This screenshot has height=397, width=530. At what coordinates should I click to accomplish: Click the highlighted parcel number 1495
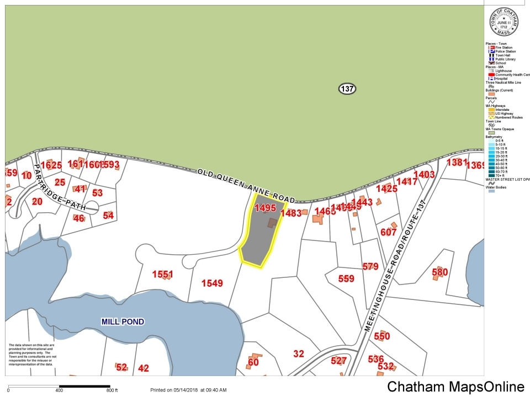264,208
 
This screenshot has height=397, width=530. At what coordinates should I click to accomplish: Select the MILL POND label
123,321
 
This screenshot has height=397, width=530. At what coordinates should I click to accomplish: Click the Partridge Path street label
59,187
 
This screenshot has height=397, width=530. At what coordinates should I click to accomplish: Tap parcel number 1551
163,274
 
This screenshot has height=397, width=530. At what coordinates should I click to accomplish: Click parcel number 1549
212,283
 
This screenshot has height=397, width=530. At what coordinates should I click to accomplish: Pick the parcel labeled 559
346,278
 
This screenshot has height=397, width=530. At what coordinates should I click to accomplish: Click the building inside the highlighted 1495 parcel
272,222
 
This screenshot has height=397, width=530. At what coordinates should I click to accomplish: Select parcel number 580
439,272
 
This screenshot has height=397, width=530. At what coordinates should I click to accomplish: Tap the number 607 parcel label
389,232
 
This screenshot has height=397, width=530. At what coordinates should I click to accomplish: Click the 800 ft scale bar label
113,390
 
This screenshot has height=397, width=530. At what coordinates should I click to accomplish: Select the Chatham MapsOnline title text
455,387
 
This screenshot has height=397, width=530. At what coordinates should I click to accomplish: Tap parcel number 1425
386,189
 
